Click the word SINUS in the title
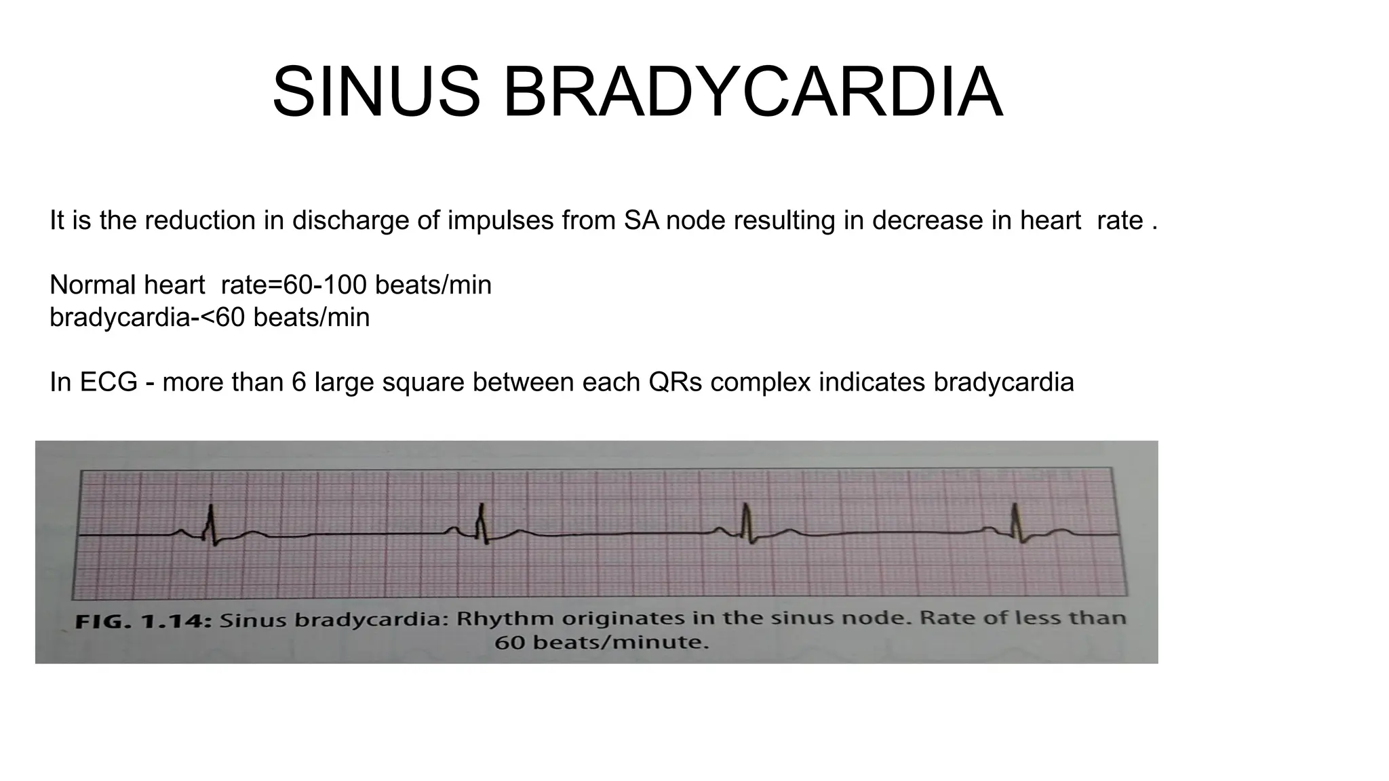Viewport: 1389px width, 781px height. (376, 92)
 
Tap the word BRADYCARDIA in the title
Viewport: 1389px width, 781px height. (752, 92)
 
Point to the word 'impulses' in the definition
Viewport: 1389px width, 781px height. (500, 220)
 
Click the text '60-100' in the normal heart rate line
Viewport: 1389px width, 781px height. (325, 285)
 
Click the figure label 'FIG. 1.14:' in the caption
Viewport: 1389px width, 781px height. (143, 621)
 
